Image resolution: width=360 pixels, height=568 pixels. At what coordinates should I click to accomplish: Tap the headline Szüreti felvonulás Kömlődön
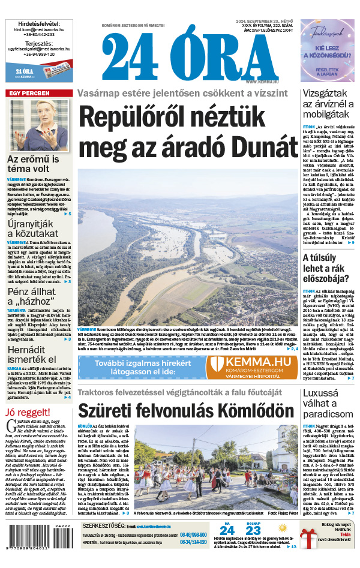coord(185,411)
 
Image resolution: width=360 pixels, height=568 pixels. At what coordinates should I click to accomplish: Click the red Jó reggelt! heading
coord(26,411)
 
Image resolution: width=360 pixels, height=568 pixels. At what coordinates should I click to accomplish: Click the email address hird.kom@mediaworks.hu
coord(38,28)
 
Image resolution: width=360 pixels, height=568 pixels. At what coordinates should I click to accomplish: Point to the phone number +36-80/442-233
coord(38,34)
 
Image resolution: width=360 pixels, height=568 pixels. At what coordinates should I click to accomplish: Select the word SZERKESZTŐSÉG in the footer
coord(104,524)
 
